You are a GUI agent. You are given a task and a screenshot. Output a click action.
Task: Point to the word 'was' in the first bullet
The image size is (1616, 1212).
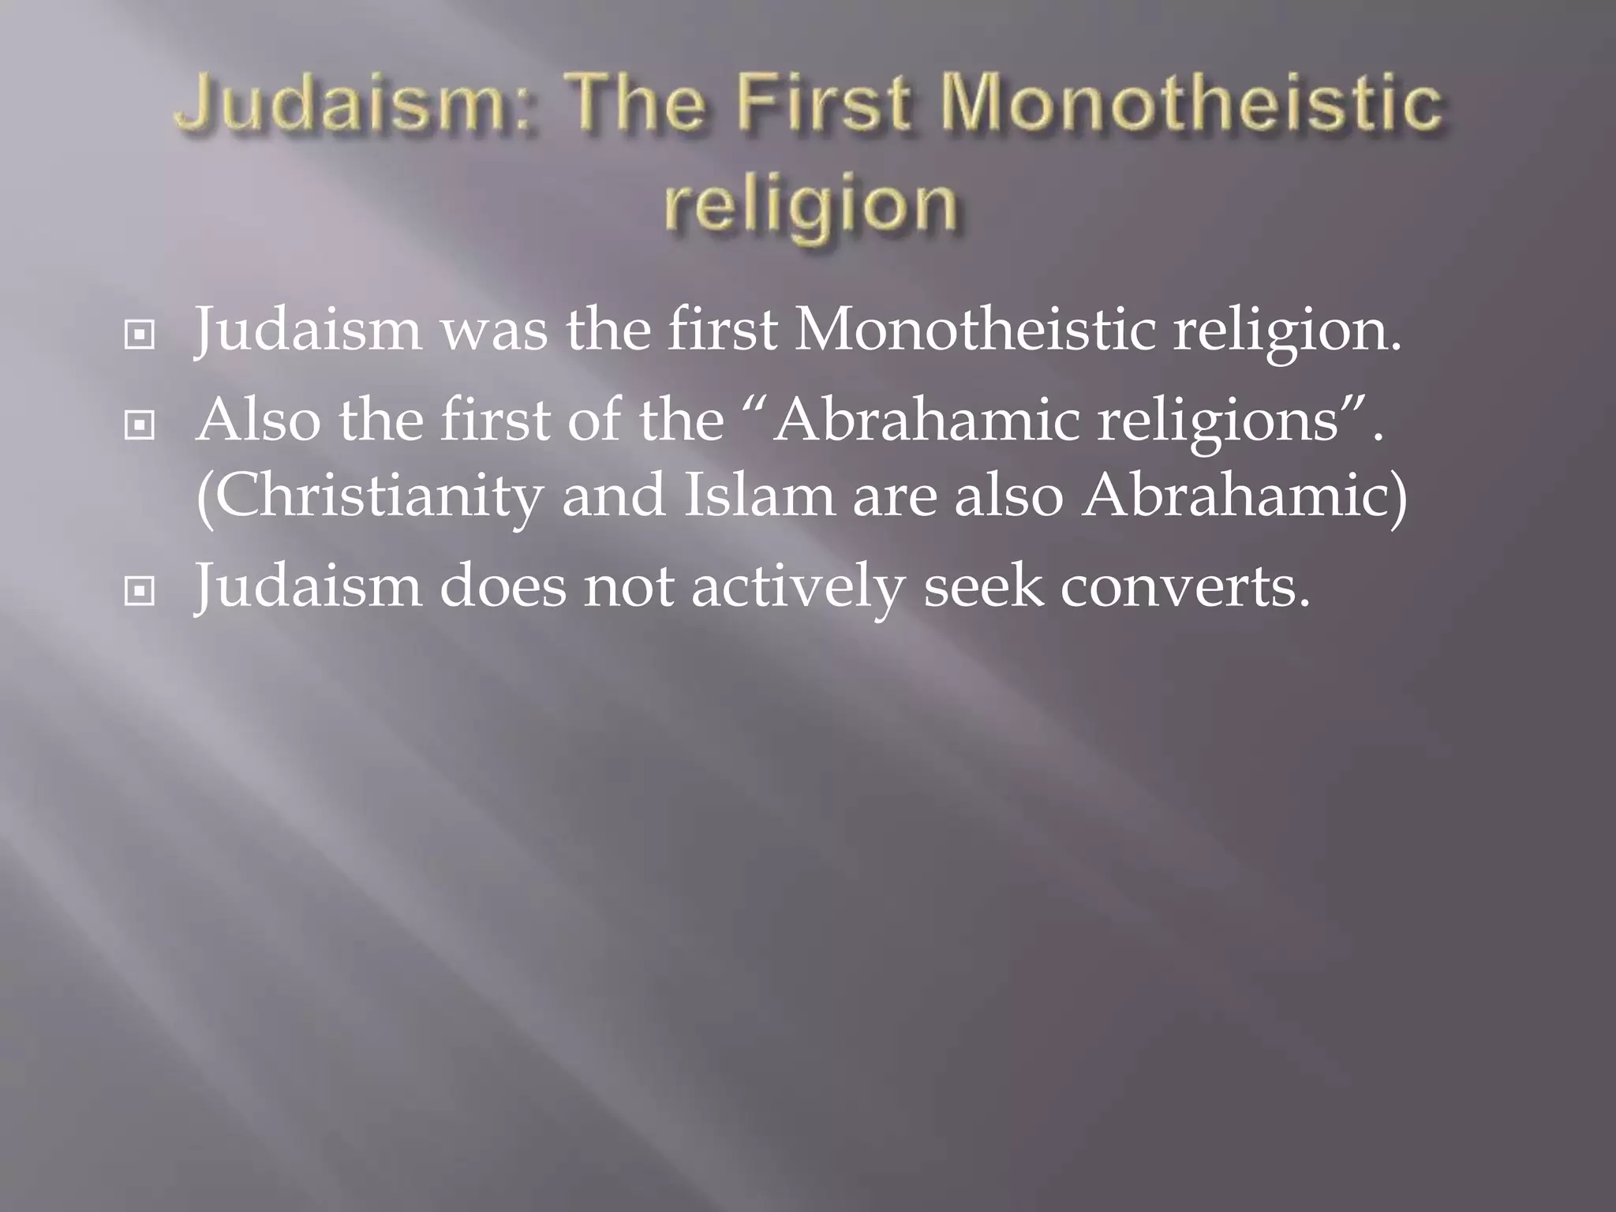(x=493, y=329)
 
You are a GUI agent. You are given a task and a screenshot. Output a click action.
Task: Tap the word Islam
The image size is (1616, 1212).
(x=757, y=496)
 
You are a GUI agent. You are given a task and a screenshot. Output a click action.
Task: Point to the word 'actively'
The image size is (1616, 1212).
(x=798, y=585)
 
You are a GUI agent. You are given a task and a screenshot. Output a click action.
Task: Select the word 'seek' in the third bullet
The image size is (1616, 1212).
(x=982, y=585)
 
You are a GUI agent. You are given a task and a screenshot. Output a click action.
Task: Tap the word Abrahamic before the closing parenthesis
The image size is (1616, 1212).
(x=1235, y=496)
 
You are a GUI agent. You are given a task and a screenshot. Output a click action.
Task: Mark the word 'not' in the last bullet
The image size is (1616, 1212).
(x=628, y=585)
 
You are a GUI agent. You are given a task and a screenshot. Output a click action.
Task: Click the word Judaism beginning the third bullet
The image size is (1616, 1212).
(x=308, y=585)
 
